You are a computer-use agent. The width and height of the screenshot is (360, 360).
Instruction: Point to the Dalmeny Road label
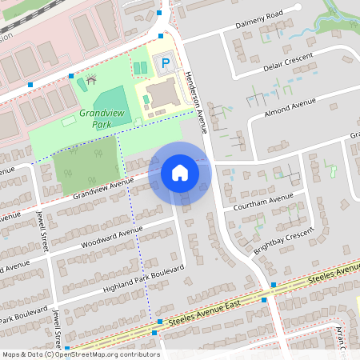click(x=260, y=20)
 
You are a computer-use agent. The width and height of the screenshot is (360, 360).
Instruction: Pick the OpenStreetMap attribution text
click(x=80, y=354)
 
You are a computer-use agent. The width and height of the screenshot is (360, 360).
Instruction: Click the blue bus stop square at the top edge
click(x=162, y=13)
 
